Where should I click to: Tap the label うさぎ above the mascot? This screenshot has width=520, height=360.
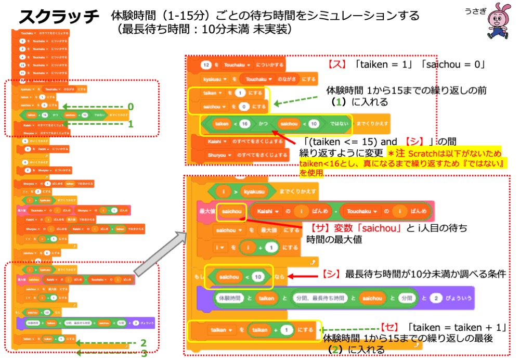click(472, 9)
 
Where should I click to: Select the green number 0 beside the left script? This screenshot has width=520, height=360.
click(131, 106)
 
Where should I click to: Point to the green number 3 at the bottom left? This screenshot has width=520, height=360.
click(144, 354)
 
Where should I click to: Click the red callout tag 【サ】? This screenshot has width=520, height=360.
click(317, 228)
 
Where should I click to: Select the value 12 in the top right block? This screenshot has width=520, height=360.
click(205, 65)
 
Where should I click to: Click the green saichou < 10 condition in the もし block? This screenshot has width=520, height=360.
click(238, 277)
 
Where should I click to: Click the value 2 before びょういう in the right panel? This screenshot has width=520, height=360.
click(435, 298)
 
